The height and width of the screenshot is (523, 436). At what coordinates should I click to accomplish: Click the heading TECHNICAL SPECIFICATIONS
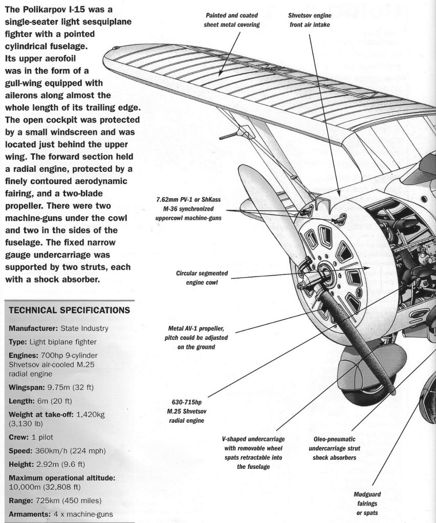pos(69,311)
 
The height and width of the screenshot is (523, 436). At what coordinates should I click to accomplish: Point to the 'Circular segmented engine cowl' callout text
pos(202,278)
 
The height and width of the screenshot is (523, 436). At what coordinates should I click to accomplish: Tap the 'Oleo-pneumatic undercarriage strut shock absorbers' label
pos(335,448)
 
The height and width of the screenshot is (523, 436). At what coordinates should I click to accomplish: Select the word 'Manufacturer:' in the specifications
pos(33,328)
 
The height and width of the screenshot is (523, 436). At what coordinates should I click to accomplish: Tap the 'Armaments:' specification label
pos(30,514)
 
